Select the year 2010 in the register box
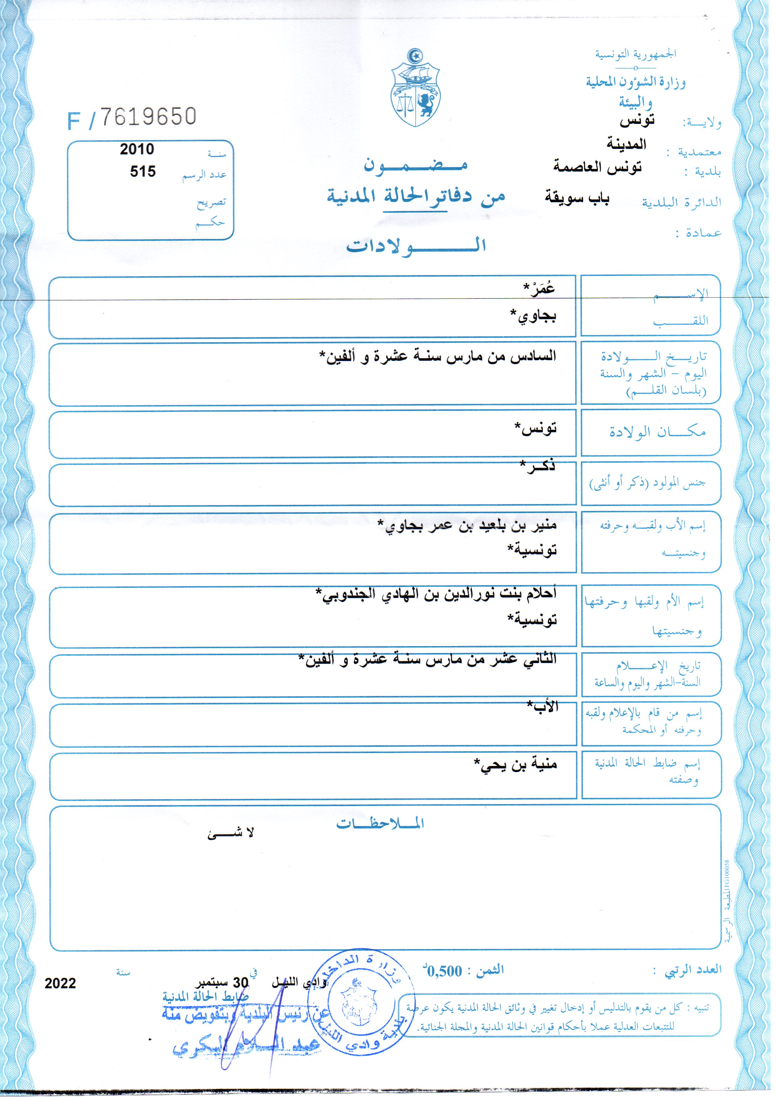(137, 149)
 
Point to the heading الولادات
(416, 246)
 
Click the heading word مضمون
(415, 165)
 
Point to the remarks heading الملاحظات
(380, 823)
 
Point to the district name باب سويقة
(577, 198)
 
